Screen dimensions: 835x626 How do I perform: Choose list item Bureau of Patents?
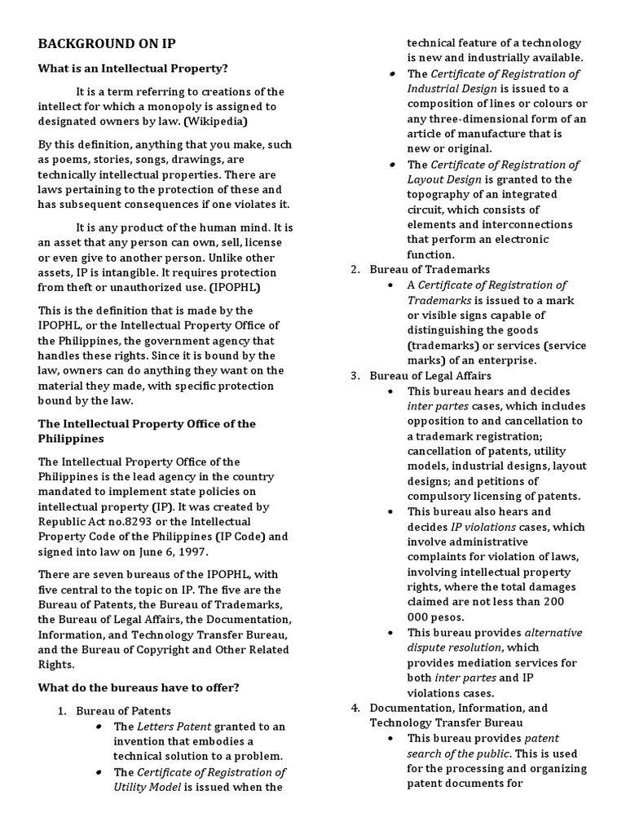tap(123, 711)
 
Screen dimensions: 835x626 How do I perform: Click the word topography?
tap(441, 194)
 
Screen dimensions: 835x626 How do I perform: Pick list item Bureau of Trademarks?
tap(430, 269)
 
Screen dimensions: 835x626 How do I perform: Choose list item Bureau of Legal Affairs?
tap(430, 376)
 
